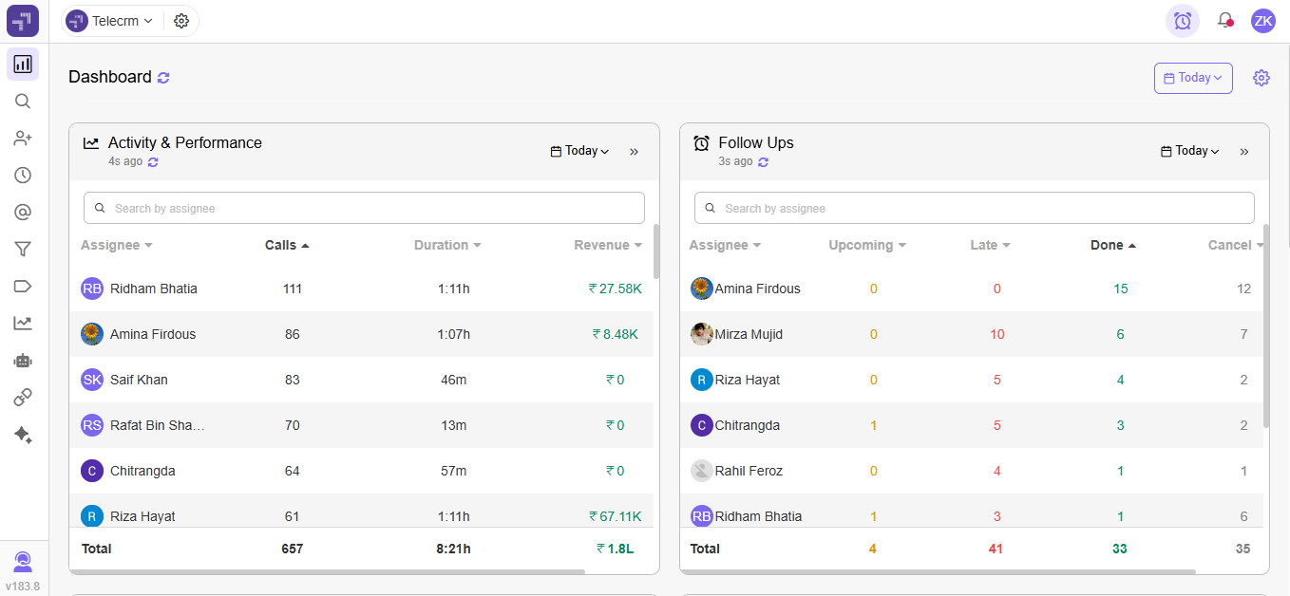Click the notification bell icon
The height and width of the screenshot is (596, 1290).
point(1225,20)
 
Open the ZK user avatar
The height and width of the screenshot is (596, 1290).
point(1262,21)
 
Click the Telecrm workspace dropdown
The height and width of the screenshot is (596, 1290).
point(110,21)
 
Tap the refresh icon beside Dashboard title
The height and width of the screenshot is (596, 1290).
point(163,78)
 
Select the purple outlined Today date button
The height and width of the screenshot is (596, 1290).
point(1193,78)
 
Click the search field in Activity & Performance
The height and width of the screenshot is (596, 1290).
point(364,208)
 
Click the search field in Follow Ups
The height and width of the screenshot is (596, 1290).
point(974,208)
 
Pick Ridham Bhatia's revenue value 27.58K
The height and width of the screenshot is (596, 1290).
point(616,289)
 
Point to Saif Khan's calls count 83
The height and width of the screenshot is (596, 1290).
point(292,380)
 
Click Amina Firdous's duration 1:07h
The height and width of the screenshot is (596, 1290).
point(453,334)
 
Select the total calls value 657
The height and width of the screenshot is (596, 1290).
point(292,549)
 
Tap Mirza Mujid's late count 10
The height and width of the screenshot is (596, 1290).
point(996,334)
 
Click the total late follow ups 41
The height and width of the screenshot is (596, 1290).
point(996,549)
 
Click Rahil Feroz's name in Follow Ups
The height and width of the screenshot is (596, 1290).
point(749,471)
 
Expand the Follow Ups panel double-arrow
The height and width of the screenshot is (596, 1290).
point(1244,151)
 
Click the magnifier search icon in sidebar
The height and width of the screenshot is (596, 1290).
point(23,102)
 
